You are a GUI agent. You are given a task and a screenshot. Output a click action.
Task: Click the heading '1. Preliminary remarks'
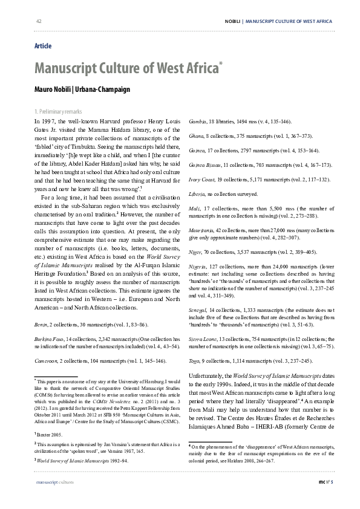tap(52, 112)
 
